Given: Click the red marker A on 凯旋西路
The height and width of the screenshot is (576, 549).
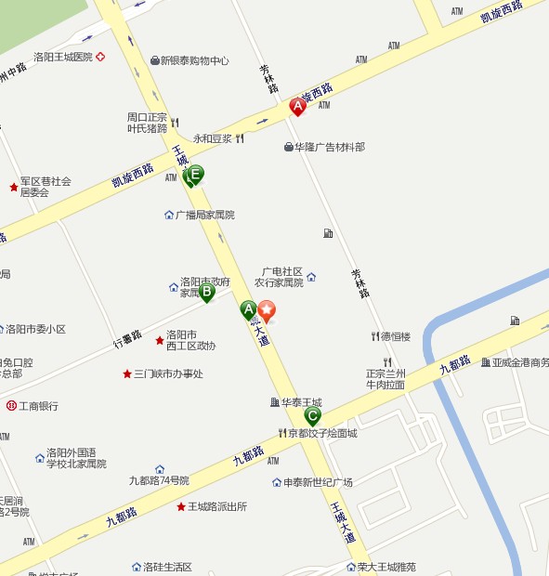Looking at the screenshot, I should (x=298, y=107).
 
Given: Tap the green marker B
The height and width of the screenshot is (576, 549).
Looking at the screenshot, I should (x=207, y=293).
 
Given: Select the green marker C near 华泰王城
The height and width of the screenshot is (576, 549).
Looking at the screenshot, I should (x=313, y=415).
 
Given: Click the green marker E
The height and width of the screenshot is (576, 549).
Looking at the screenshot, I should (x=195, y=174).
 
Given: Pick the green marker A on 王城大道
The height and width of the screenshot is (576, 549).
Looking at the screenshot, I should (x=248, y=310).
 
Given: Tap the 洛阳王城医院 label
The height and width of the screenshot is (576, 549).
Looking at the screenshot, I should (x=63, y=57).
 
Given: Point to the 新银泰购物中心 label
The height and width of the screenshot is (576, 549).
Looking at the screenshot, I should (x=194, y=61).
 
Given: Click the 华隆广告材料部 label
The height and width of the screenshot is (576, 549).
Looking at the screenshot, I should (x=330, y=147).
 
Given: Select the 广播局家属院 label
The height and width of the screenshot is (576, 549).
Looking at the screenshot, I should (x=205, y=215).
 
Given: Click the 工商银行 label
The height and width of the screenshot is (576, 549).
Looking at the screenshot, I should (x=38, y=406).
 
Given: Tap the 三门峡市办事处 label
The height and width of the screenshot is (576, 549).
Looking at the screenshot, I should (x=168, y=374).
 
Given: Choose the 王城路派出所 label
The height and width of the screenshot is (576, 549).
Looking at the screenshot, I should (x=216, y=507).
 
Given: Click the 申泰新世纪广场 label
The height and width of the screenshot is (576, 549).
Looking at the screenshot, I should (x=318, y=483).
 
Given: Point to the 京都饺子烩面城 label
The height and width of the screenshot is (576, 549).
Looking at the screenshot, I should (x=321, y=434).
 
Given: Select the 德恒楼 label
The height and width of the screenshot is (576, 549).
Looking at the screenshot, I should (x=395, y=336).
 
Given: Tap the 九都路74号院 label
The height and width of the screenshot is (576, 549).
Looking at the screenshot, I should (x=159, y=480).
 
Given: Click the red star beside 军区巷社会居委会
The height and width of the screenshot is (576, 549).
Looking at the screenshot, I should (x=14, y=188).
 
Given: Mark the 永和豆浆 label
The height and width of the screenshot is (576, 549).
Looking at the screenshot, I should (x=213, y=139).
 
